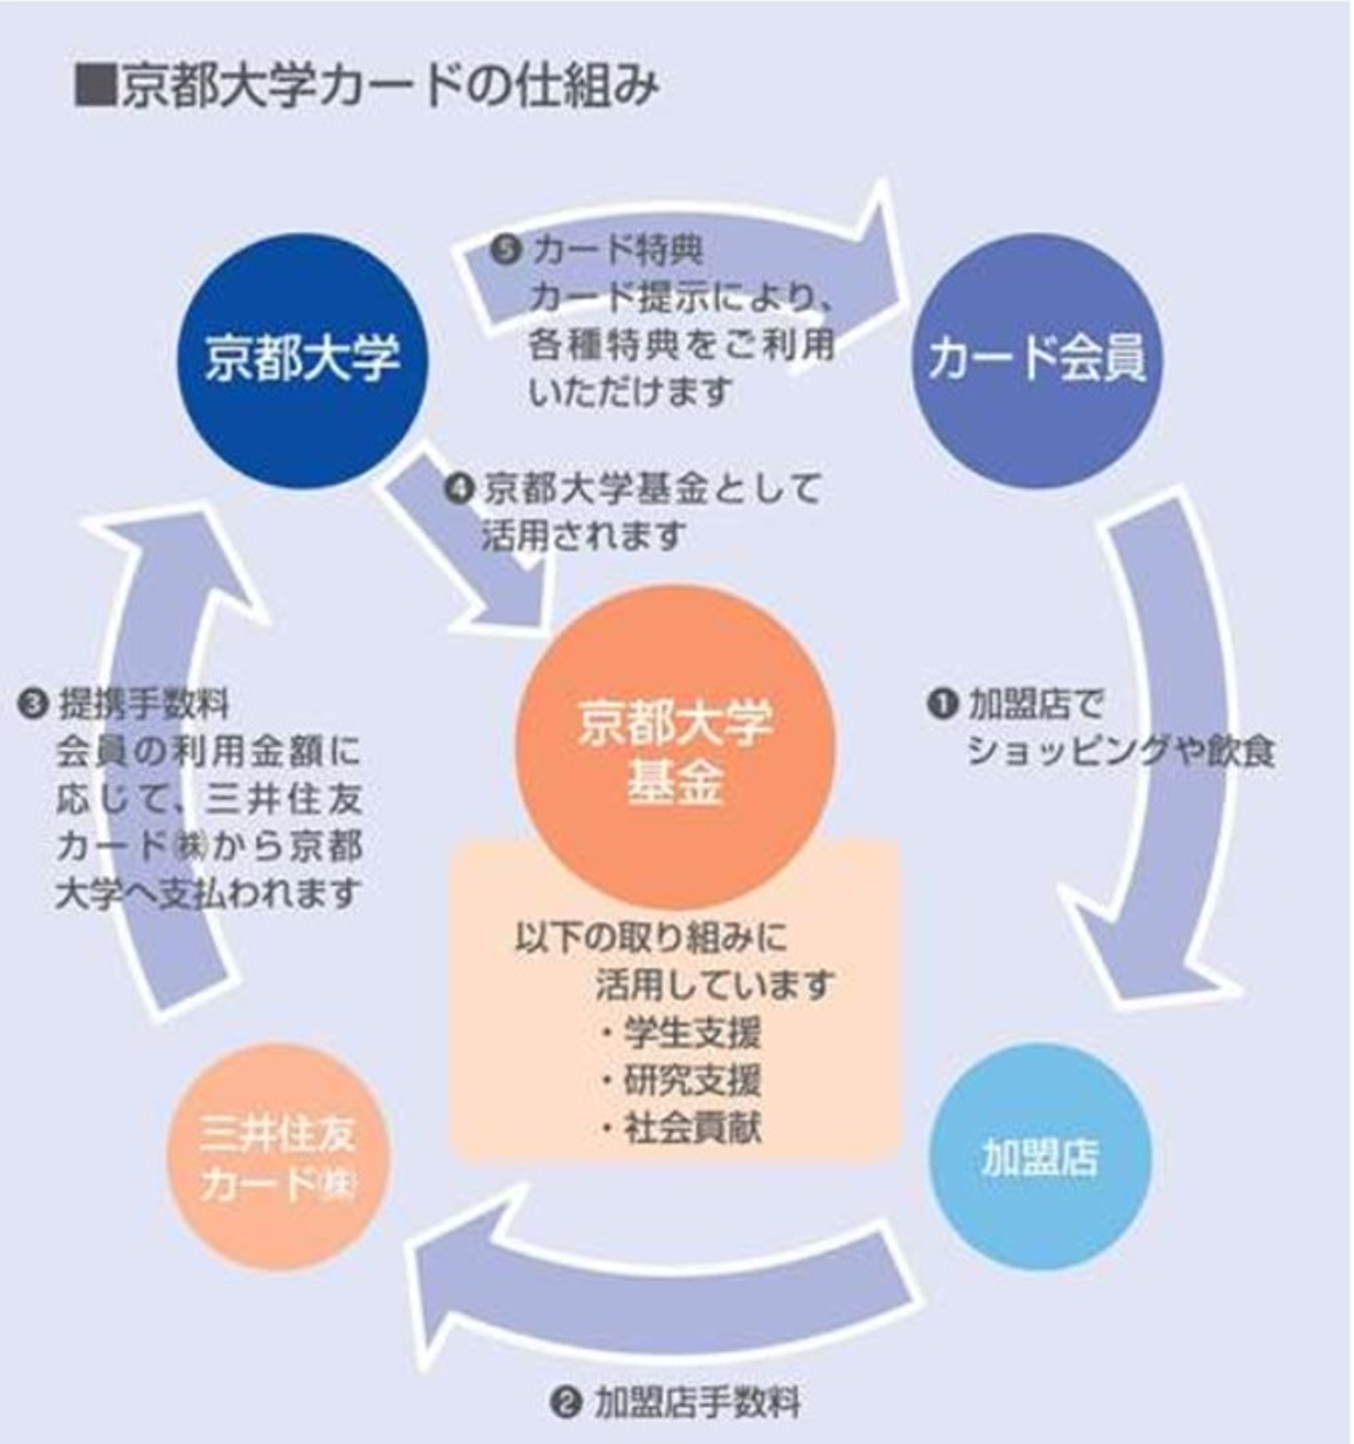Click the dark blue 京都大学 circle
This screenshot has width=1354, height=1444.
[303, 359]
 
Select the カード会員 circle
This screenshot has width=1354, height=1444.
[1036, 359]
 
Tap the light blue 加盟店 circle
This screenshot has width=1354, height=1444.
[1039, 1156]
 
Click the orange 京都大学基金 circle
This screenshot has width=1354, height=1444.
[675, 747]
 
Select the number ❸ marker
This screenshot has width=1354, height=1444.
[34, 703]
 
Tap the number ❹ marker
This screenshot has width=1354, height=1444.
[458, 489]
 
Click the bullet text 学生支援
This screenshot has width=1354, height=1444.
[692, 1033]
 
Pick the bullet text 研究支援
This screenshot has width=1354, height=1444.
[692, 1080]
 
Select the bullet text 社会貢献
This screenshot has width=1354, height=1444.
[692, 1127]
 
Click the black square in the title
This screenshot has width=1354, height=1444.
[95, 86]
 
